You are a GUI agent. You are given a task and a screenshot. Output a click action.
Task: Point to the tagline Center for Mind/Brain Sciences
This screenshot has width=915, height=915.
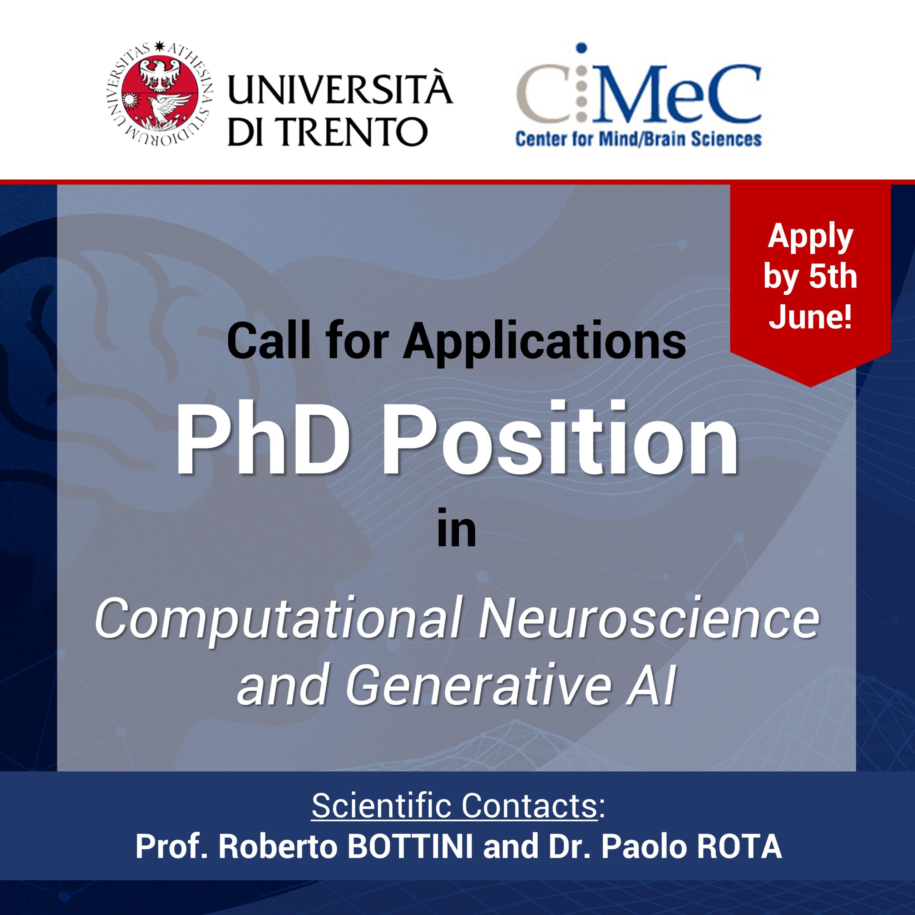(x=638, y=139)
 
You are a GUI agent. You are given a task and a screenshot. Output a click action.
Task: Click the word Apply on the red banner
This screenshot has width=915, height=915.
(x=810, y=237)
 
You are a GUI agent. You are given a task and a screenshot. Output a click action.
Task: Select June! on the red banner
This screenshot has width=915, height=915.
(x=810, y=316)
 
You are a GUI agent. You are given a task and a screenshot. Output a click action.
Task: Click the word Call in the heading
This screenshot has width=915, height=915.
(x=268, y=341)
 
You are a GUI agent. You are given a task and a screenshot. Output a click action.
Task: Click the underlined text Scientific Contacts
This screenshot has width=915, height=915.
(x=455, y=806)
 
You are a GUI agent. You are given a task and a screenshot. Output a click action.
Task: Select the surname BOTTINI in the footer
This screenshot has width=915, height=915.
(x=410, y=846)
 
